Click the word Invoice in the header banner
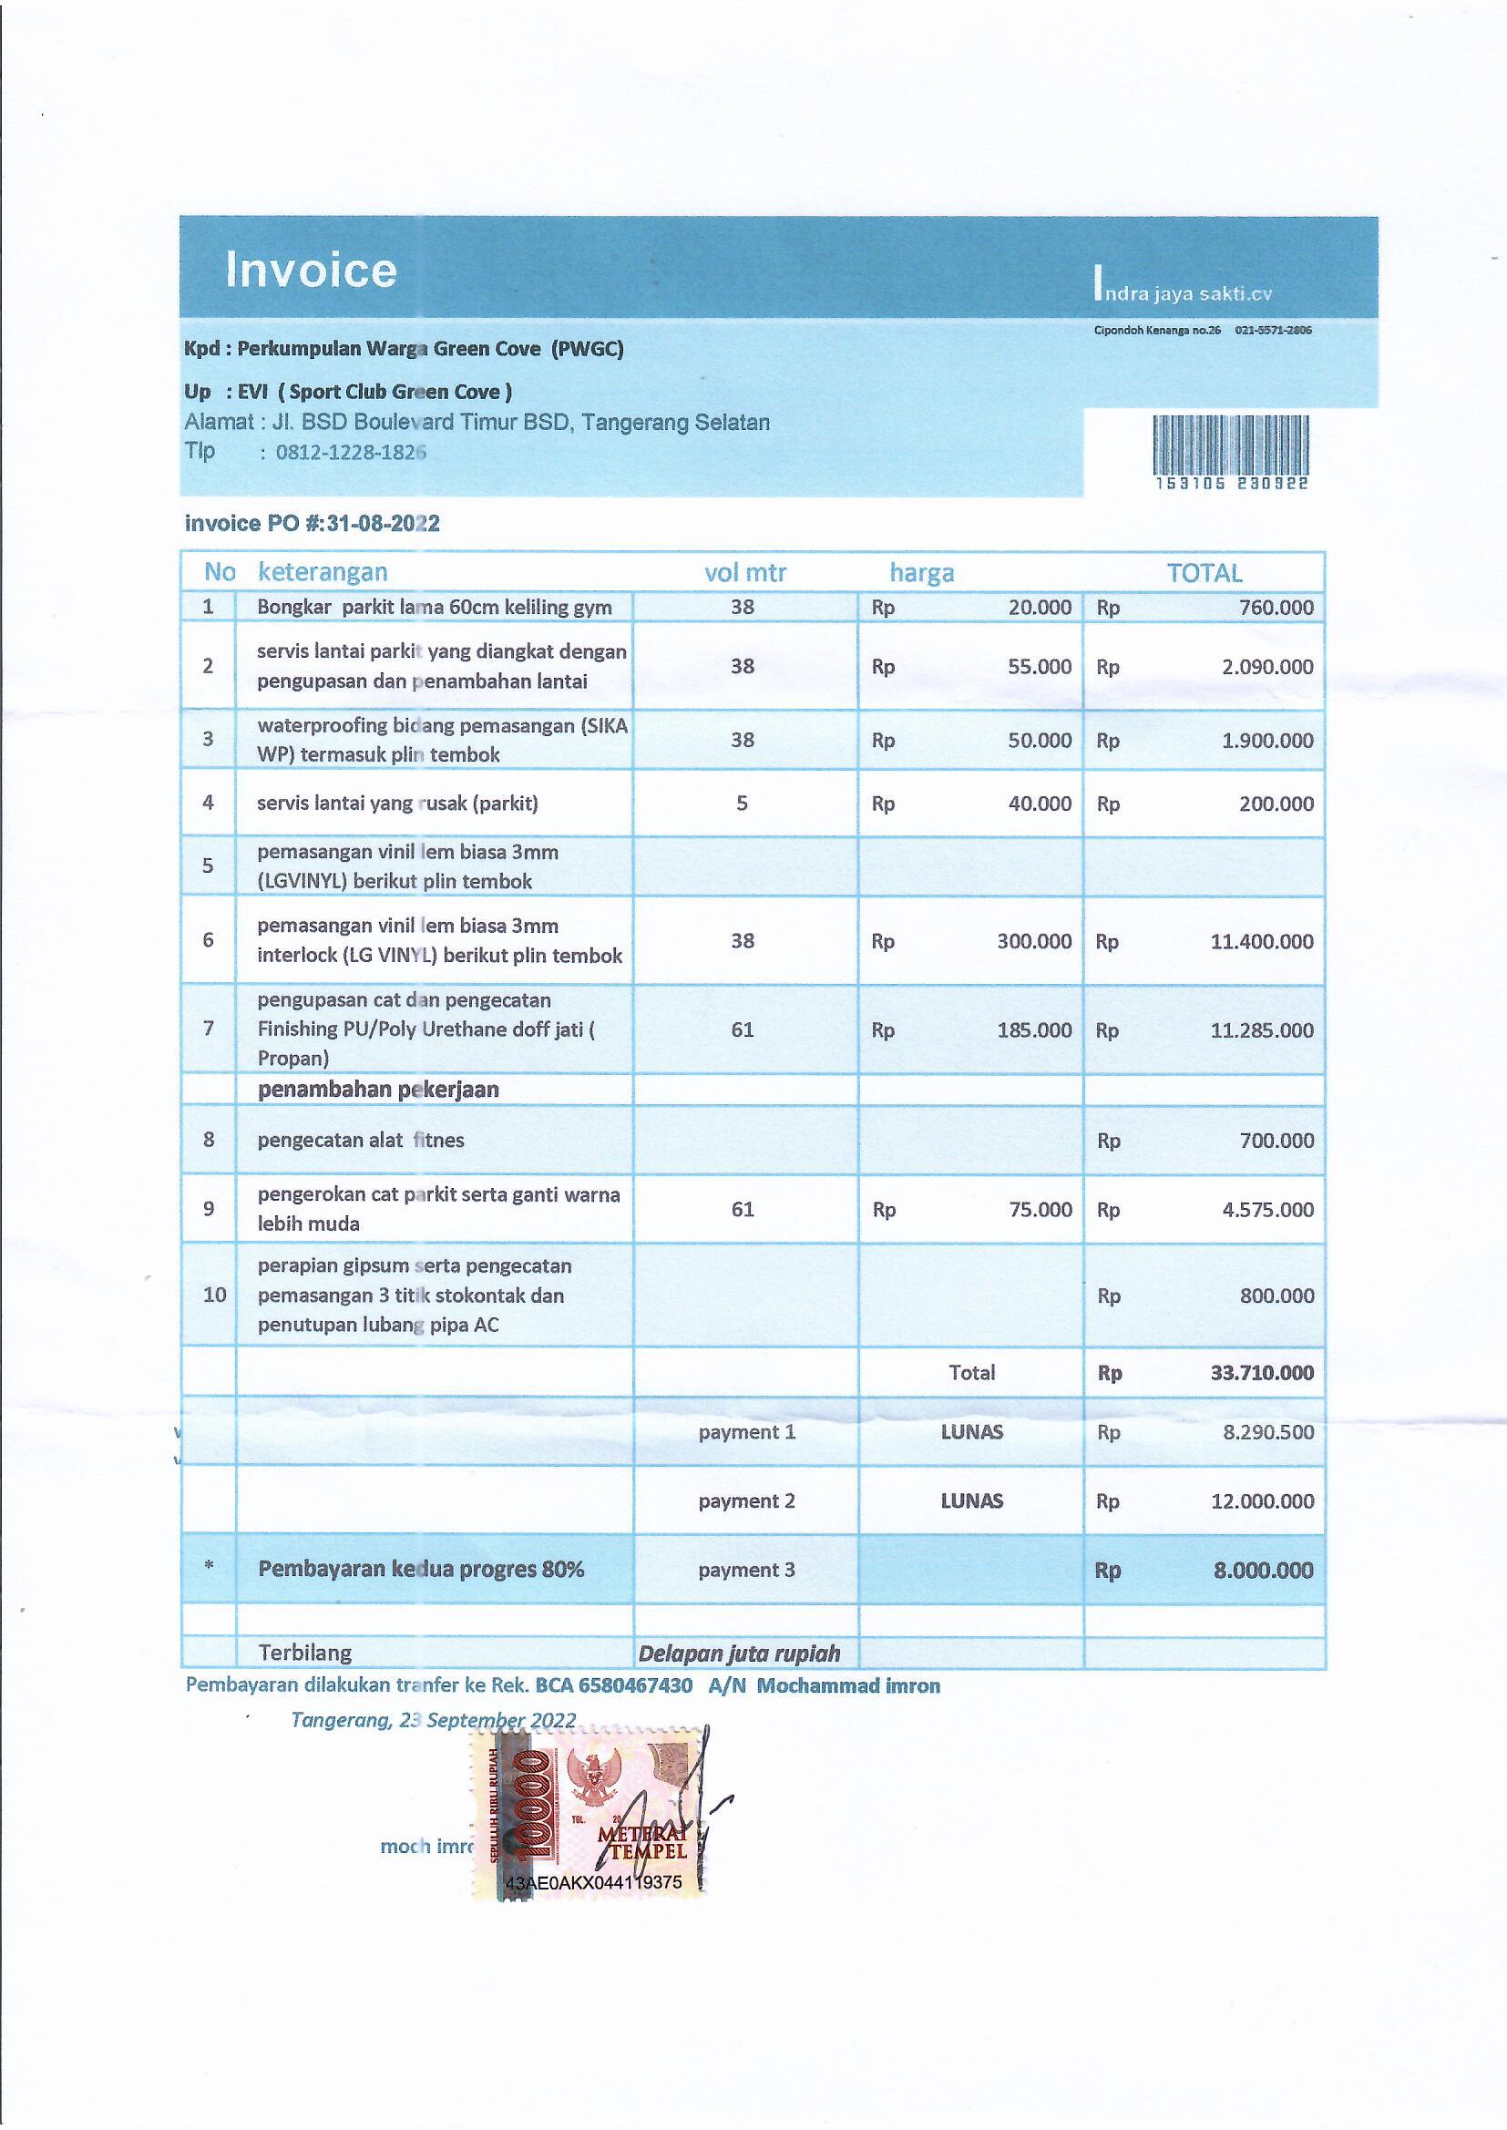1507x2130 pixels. click(311, 270)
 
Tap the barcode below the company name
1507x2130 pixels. click(1230, 445)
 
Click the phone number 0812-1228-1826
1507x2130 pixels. click(351, 454)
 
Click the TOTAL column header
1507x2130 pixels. click(1204, 573)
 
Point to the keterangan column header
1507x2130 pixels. click(322, 572)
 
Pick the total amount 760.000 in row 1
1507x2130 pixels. click(1276, 608)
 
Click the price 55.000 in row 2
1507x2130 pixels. click(1040, 667)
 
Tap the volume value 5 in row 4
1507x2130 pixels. click(742, 804)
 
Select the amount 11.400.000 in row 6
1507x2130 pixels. click(1261, 942)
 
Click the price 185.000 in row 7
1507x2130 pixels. click(1034, 1030)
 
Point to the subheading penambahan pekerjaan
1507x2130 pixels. click(378, 1089)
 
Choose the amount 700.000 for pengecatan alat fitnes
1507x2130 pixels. click(1276, 1140)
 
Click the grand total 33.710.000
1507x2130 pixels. click(1261, 1373)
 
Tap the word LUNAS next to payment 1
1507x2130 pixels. click(970, 1431)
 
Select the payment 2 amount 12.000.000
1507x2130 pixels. click(1261, 1501)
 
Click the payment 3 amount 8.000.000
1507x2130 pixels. click(1263, 1571)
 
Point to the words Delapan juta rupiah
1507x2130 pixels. click(739, 1654)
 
